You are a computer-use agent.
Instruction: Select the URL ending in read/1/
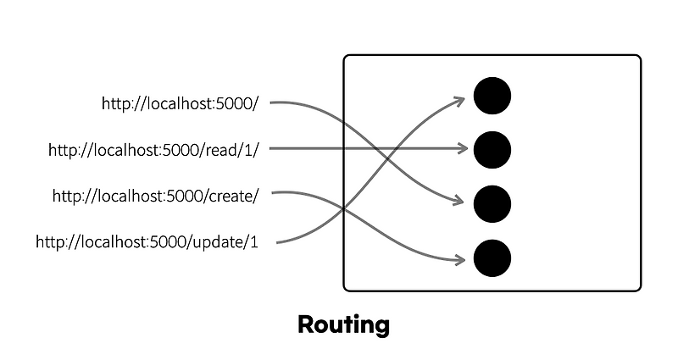(158, 150)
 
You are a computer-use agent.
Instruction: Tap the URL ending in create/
(155, 196)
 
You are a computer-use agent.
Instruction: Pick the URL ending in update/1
(147, 242)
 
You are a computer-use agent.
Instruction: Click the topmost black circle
(492, 96)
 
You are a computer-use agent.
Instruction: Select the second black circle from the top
(492, 149)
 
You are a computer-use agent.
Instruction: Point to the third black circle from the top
(492, 203)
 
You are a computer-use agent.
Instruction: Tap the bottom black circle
(492, 257)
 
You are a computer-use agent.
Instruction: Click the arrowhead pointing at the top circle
(461, 102)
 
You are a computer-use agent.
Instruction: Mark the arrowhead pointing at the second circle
(463, 149)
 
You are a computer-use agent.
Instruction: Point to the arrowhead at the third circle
(460, 202)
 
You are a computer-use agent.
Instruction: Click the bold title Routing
(343, 324)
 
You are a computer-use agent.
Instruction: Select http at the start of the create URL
(65, 196)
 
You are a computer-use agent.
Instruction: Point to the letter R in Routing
(306, 324)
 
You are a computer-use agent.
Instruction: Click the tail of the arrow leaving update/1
(279, 242)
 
